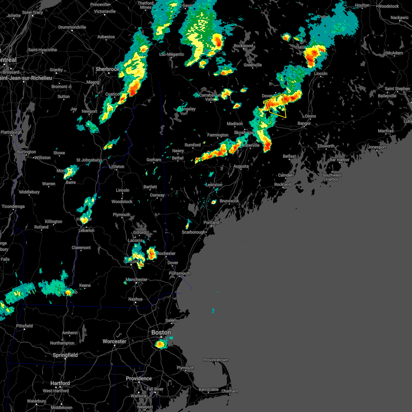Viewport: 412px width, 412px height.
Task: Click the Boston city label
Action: coord(161,332)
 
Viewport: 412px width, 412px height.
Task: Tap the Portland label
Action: coord(211,222)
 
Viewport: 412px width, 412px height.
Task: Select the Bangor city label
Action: coord(304,123)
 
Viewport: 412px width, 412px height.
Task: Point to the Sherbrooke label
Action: coord(107,69)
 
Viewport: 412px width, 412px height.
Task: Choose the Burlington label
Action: coord(26,152)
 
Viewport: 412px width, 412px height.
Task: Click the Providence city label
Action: coord(139,378)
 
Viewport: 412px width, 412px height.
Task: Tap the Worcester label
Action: coord(114,341)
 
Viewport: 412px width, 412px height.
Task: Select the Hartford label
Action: coord(60,383)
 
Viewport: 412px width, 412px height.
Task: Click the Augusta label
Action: coord(241,166)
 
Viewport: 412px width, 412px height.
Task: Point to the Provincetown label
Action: coord(215,360)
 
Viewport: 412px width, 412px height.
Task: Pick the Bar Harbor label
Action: coord(339,160)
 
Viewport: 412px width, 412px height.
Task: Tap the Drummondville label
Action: coord(72,27)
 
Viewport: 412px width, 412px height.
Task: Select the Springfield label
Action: coord(65,355)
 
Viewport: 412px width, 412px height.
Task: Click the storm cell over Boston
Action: coord(160,344)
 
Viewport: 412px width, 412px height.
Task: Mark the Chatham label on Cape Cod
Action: coord(229,391)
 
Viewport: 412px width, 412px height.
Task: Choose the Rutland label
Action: coord(41,227)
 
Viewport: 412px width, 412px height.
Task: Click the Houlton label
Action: coord(362,5)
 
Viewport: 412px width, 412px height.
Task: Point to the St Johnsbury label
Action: coord(88,160)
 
